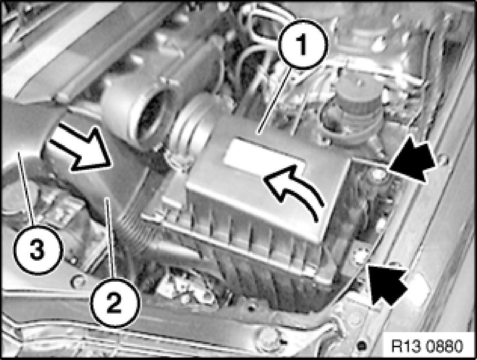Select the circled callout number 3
click(x=37, y=250)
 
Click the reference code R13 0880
click(x=427, y=346)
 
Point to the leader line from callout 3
click(x=25, y=189)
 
